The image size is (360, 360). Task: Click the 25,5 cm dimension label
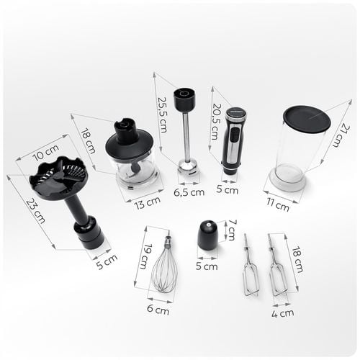pyautogui.click(x=162, y=114)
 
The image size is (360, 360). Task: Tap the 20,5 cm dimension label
pyautogui.click(x=217, y=122)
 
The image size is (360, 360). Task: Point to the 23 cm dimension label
pyautogui.click(x=36, y=211)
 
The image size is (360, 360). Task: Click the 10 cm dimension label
pyautogui.click(x=45, y=153)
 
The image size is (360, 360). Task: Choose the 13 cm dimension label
pyautogui.click(x=147, y=203)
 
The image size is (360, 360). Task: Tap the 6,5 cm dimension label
pyautogui.click(x=189, y=192)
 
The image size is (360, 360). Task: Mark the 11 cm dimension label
pyautogui.click(x=278, y=204)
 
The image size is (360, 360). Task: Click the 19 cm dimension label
pyautogui.click(x=146, y=256)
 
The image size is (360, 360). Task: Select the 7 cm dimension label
pyautogui.click(x=231, y=230)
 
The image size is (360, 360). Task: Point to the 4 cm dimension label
pyautogui.click(x=283, y=313)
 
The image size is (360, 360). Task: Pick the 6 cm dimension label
pyautogui.click(x=158, y=310)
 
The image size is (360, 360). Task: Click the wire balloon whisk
pyautogui.click(x=166, y=264)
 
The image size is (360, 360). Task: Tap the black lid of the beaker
pyautogui.click(x=307, y=119)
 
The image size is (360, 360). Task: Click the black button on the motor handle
pyautogui.click(x=235, y=135)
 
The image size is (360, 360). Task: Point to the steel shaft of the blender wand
pyautogui.click(x=186, y=137)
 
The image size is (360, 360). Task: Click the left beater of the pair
pyautogui.click(x=250, y=266)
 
